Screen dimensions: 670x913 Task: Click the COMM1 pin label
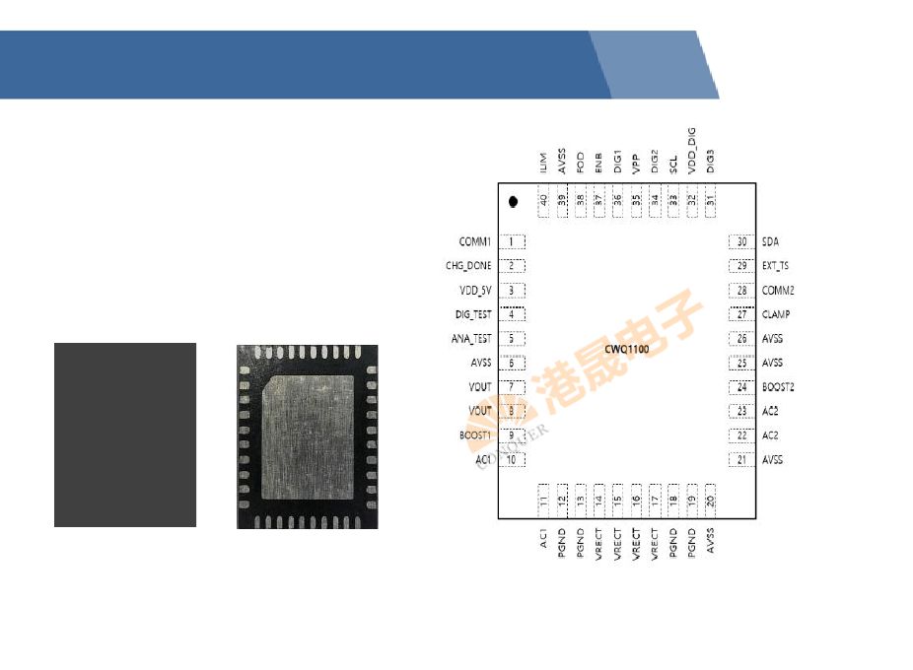click(x=474, y=241)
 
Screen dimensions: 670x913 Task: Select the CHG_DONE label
click(x=467, y=266)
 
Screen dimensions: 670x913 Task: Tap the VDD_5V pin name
click(x=474, y=291)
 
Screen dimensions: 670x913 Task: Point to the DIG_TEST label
click(x=472, y=314)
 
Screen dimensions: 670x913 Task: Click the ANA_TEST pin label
click(x=471, y=339)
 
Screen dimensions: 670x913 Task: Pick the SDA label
click(x=771, y=241)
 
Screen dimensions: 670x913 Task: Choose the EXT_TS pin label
click(x=775, y=266)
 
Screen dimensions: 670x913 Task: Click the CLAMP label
click(x=776, y=314)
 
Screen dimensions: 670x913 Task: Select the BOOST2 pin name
click(x=778, y=387)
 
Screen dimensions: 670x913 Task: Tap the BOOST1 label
click(x=474, y=435)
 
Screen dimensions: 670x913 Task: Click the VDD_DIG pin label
click(x=691, y=151)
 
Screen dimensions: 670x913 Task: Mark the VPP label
click(x=636, y=164)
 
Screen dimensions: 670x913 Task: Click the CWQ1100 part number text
click(x=627, y=350)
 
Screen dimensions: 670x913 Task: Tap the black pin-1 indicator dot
click(x=513, y=202)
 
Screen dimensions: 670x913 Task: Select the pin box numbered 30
click(x=741, y=241)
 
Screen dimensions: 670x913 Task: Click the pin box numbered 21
click(x=741, y=460)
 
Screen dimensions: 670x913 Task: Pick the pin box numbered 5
click(x=512, y=339)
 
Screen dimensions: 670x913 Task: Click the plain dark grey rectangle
click(x=125, y=435)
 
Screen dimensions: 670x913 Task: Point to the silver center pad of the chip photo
click(x=306, y=435)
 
